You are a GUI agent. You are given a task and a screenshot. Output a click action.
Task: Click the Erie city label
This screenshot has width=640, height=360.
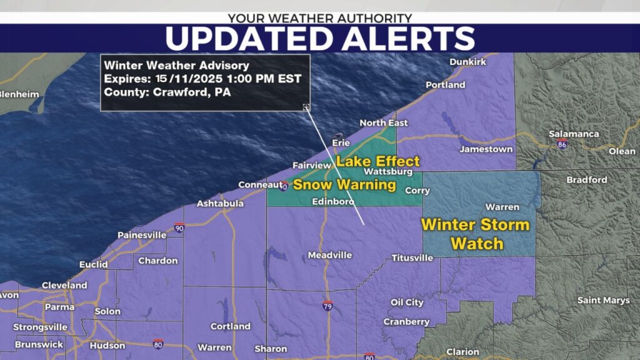pos(341,143)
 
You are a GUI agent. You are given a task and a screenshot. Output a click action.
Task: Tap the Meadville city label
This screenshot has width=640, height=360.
pos(329,255)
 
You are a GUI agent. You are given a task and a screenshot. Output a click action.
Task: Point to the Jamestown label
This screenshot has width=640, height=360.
pos(486,149)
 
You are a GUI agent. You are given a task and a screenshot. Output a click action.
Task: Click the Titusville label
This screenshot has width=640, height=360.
pos(412,257)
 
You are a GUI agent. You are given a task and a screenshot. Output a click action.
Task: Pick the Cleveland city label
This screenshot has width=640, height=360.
pos(64,285)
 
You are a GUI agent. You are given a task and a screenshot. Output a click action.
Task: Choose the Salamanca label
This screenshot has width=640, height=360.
pos(573,134)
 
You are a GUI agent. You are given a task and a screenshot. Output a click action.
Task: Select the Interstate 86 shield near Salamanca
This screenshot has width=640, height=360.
pos(562,144)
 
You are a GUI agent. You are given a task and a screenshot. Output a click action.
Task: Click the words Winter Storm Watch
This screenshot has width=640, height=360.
pos(475,234)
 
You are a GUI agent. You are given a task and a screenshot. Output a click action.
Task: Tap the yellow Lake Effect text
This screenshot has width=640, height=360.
pos(378,161)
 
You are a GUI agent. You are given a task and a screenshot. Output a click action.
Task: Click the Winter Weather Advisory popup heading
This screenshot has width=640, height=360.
pos(177,65)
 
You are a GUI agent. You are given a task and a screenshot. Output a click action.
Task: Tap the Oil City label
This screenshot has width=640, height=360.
pos(407,302)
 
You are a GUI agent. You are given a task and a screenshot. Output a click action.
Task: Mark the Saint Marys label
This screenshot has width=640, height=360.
pos(603,301)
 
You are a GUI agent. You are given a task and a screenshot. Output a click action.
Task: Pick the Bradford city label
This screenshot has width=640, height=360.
pos(586,180)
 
